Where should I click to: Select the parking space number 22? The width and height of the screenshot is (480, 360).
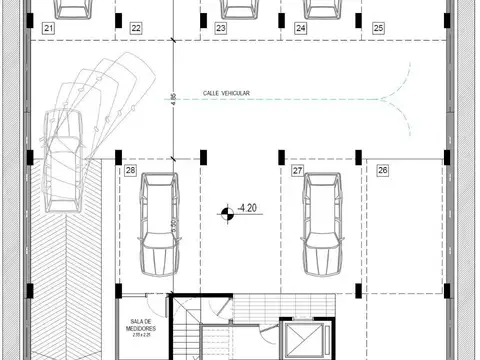point(135,29)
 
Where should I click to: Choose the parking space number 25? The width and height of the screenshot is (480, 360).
point(377,29)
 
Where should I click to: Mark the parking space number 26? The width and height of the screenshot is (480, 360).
point(382,171)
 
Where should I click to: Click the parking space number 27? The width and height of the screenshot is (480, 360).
point(297,171)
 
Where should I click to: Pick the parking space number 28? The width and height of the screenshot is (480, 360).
point(131,171)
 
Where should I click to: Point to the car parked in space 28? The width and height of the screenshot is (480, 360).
point(158,225)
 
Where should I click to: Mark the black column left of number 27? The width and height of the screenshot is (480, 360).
point(281,154)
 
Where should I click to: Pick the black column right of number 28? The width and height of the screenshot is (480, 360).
point(202,155)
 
